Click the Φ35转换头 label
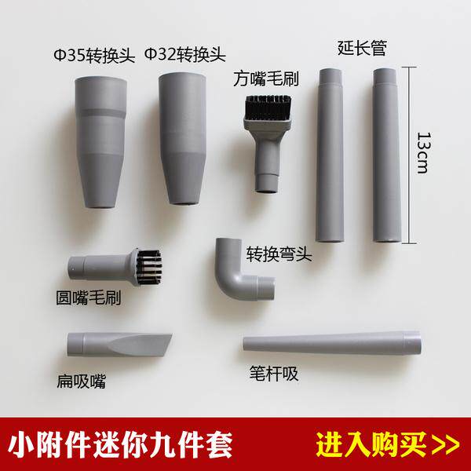(94, 56)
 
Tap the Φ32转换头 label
(185, 55)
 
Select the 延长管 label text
(362, 48)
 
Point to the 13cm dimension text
(424, 152)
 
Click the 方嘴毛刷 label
(266, 78)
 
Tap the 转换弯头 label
(279, 254)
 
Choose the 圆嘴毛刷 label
(88, 298)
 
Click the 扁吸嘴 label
(82, 382)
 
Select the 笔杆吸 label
(274, 374)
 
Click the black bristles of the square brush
(268, 107)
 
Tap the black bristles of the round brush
(150, 267)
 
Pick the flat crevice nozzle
(119, 345)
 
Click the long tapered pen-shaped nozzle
(332, 343)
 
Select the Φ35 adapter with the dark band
(100, 142)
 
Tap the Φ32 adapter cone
(183, 138)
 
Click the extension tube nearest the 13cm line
(387, 155)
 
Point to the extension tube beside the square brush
(330, 155)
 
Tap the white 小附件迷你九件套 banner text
(120, 444)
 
